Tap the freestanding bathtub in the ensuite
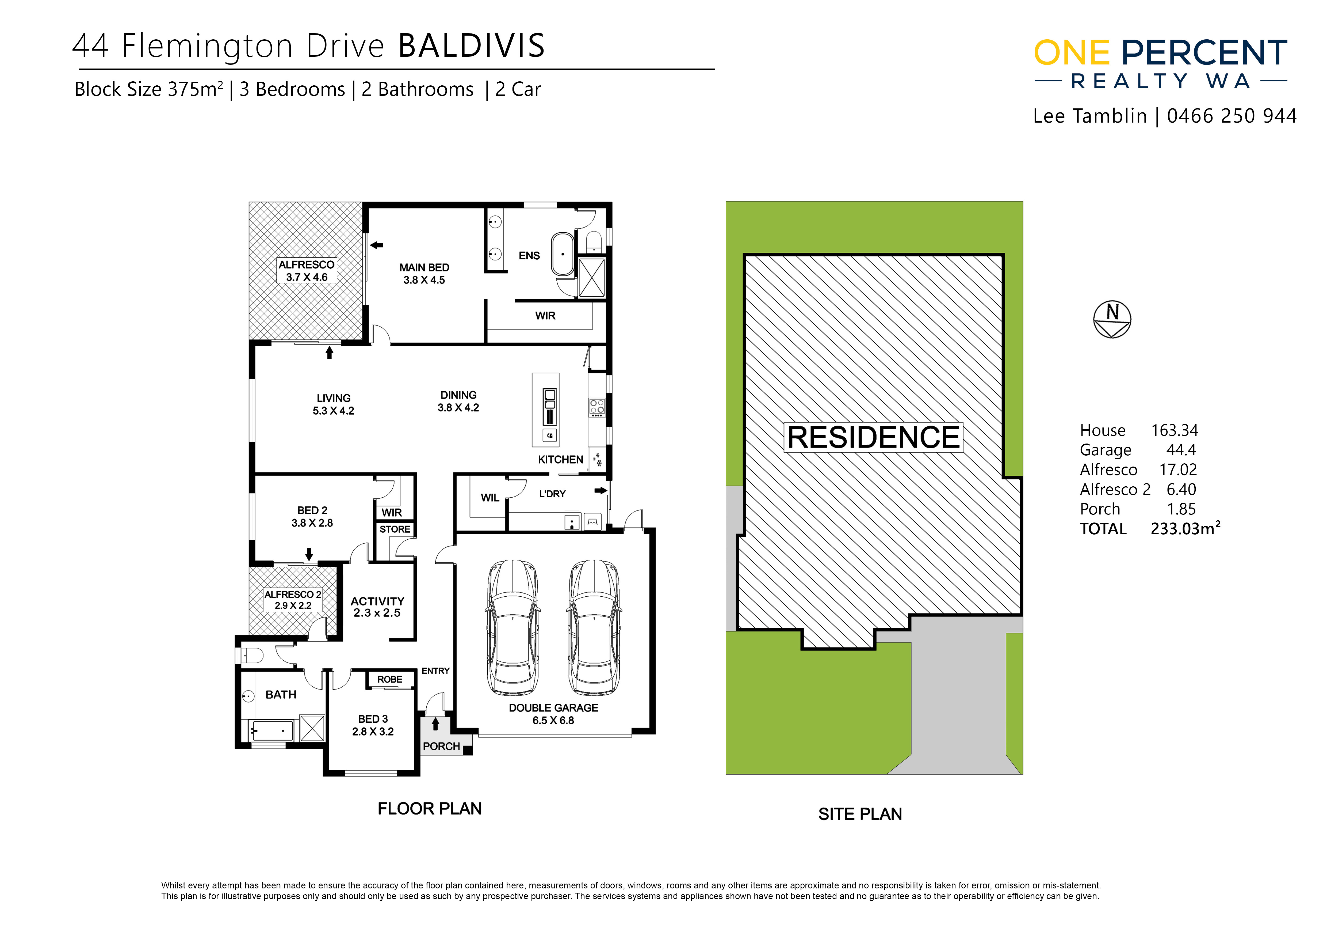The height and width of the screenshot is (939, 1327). pos(562,254)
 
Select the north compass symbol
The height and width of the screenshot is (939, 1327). pos(1112,319)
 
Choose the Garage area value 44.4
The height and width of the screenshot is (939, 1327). pos(1181,450)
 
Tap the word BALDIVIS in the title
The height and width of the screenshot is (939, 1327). pos(472,46)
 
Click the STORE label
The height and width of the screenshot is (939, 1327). pos(395,529)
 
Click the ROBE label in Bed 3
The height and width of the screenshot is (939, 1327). pos(389,679)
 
